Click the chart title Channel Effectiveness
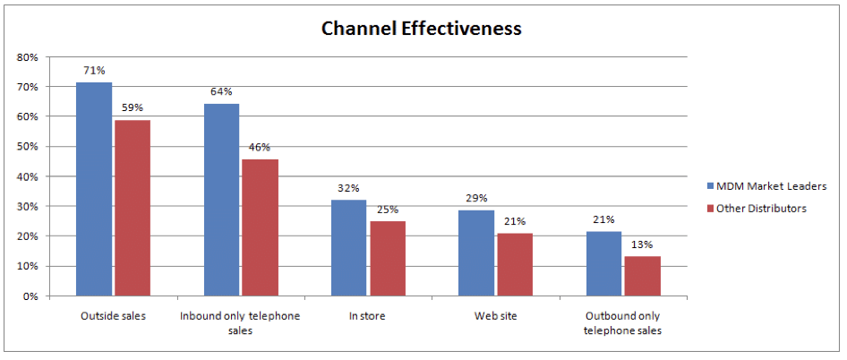coord(421,29)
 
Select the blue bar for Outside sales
coord(94,189)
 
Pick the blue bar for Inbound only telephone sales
coord(221,200)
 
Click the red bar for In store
coord(387,258)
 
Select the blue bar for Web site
coord(476,253)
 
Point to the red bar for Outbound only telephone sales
coord(642,276)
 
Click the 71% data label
coord(93,70)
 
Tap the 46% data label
coord(260,147)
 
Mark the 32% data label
coord(348,188)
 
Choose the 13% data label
coord(642,244)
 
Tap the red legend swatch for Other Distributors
coord(710,209)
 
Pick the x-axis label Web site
coord(495,316)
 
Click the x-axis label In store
coord(368,316)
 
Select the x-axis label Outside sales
coord(113,316)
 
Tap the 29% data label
coord(476,197)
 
